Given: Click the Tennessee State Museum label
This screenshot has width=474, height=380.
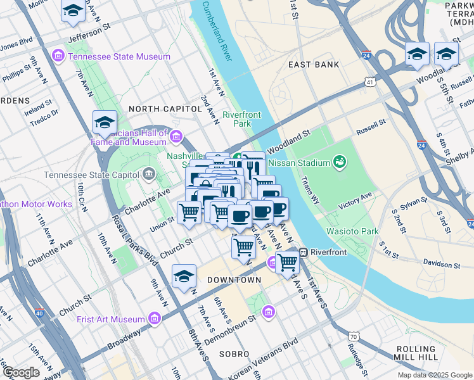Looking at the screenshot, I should [119, 56].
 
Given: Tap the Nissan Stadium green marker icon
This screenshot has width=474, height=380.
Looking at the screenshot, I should [340, 163].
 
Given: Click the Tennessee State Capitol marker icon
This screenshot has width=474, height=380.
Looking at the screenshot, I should [148, 174].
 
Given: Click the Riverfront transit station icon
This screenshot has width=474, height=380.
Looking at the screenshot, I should [304, 251].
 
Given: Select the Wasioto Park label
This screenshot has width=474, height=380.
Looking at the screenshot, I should [352, 231].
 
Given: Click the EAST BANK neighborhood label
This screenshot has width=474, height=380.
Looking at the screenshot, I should [313, 65].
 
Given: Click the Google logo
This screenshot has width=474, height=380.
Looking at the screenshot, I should [22, 372].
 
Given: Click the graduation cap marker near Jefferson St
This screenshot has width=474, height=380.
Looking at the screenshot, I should [72, 11].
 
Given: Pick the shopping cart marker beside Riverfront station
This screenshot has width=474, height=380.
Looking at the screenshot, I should [287, 262].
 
